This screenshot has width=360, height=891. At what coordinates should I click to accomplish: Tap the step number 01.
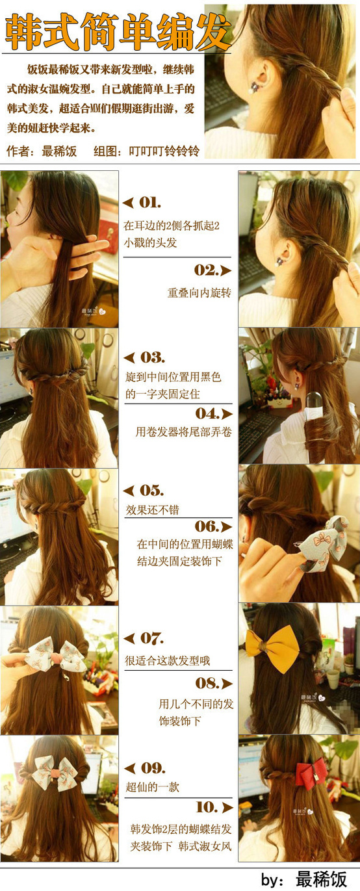point(150,203)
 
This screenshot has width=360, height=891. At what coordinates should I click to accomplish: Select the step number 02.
point(206,270)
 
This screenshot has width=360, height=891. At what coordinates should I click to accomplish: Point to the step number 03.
point(152,357)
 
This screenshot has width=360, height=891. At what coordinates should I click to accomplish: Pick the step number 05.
point(151,490)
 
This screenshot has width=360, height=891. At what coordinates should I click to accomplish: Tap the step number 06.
point(207,526)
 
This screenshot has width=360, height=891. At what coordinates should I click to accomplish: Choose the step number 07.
point(152,638)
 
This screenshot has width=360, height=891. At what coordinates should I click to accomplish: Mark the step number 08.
point(207,684)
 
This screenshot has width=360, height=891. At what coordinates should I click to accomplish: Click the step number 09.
point(153,768)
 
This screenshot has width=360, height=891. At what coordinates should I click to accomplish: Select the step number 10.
point(207,807)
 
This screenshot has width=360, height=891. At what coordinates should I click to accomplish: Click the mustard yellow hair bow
point(272,647)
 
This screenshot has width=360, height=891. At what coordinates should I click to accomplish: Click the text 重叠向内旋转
point(199,293)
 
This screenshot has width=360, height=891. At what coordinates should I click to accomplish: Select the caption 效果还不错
point(152,510)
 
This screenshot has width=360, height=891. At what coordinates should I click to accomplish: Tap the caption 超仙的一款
point(152,787)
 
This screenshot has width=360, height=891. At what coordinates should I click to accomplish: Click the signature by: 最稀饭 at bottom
point(304,879)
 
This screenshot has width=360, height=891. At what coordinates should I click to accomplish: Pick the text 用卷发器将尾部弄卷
point(184,432)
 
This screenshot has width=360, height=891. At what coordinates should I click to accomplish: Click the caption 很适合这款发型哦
point(168,661)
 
